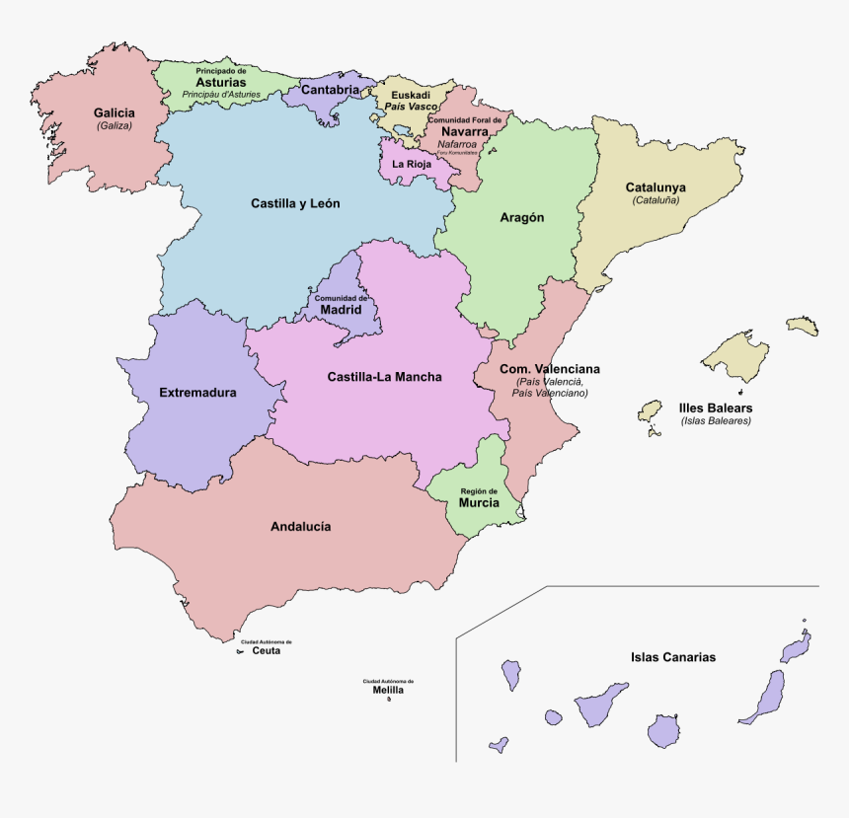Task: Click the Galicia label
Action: point(115,112)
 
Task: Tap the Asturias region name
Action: point(220,82)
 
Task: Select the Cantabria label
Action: point(330,90)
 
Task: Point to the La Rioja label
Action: point(411,164)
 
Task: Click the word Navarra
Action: point(464,131)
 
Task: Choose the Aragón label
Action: point(521,218)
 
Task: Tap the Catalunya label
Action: point(656,187)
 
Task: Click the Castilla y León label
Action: point(295,203)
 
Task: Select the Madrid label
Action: point(341,308)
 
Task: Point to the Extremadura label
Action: point(197,393)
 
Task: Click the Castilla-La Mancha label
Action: point(384,377)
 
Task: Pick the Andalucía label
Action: point(300,527)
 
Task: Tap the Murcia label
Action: point(479,503)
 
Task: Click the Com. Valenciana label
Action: point(550,369)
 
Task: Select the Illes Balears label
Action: point(716,408)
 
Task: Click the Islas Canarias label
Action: point(673,657)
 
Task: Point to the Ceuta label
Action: point(266,650)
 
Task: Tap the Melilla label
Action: point(388,690)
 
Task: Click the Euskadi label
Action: point(411,96)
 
